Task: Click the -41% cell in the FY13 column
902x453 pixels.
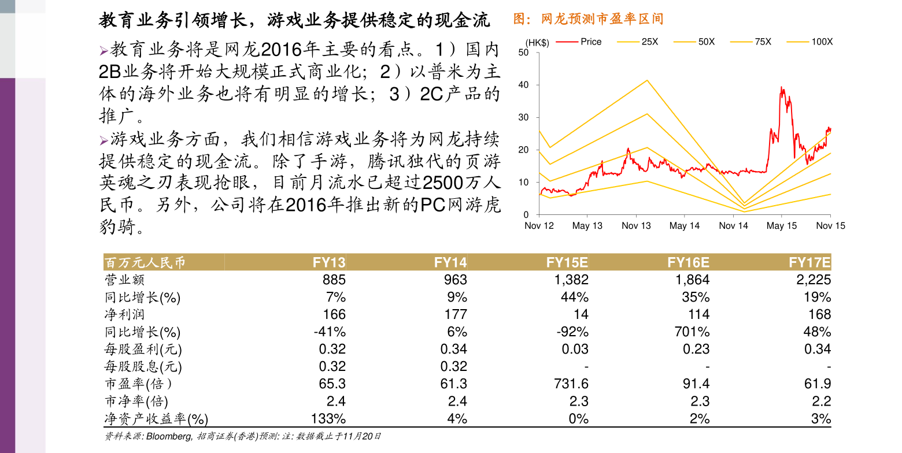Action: tap(330, 332)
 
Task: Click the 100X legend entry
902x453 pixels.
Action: tap(822, 42)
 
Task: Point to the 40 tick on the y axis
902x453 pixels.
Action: tap(524, 85)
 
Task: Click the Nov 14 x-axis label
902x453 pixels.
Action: tap(733, 226)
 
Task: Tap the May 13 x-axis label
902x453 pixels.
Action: tap(587, 226)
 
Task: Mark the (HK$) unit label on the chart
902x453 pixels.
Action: tap(537, 42)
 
